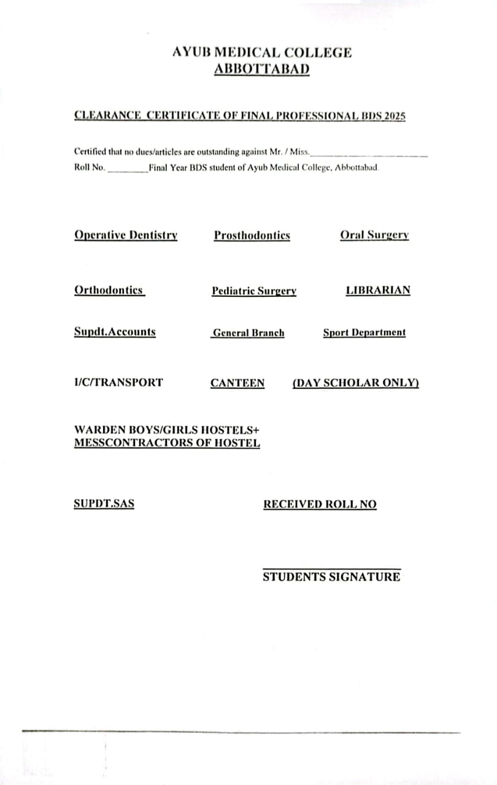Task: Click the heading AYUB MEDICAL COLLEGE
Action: click(262, 53)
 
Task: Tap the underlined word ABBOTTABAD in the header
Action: click(262, 69)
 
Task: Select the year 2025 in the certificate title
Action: click(395, 115)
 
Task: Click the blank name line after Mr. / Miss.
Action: click(369, 155)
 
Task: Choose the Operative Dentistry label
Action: click(126, 235)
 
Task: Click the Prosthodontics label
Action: click(252, 235)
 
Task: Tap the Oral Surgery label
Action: click(374, 235)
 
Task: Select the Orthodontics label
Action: click(109, 290)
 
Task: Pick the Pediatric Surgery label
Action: click(254, 291)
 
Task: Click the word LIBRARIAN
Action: click(378, 290)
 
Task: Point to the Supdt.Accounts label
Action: click(115, 332)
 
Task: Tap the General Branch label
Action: click(248, 333)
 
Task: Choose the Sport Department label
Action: click(364, 332)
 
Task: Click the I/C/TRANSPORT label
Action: click(118, 382)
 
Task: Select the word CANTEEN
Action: click(237, 383)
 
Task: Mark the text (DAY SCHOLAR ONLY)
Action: click(356, 383)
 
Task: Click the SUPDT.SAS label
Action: click(104, 504)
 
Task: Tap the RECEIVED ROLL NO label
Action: click(320, 504)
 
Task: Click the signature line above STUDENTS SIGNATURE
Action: click(331, 569)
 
